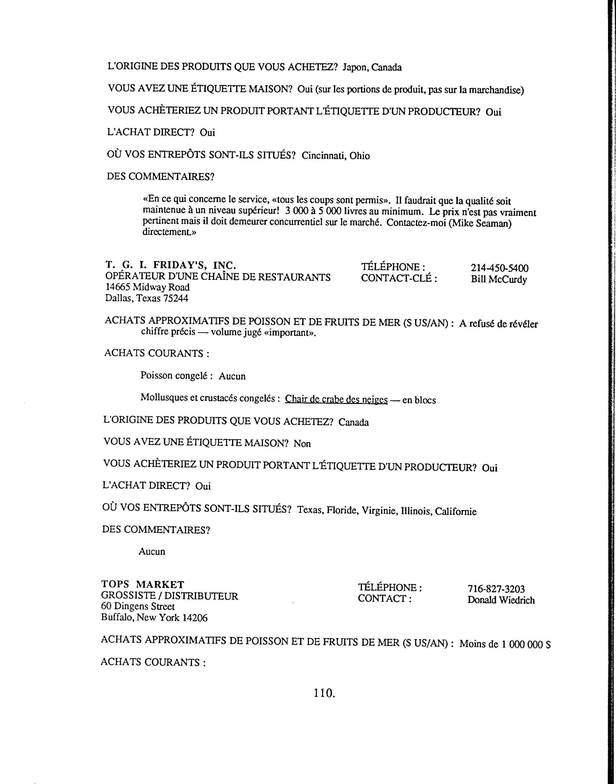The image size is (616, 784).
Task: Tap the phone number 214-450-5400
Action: [500, 268]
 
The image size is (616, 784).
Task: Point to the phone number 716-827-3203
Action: [496, 589]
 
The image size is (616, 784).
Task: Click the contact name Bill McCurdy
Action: [499, 280]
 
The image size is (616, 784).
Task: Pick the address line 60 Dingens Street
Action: [138, 607]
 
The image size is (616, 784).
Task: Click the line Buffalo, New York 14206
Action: [154, 618]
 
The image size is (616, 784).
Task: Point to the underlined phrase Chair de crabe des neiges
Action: [336, 400]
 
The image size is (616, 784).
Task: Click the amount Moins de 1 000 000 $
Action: [505, 644]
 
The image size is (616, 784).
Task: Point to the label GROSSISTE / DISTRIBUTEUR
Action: [170, 596]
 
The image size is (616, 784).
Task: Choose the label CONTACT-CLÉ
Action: [399, 278]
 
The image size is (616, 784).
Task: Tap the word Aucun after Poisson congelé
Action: [232, 376]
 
